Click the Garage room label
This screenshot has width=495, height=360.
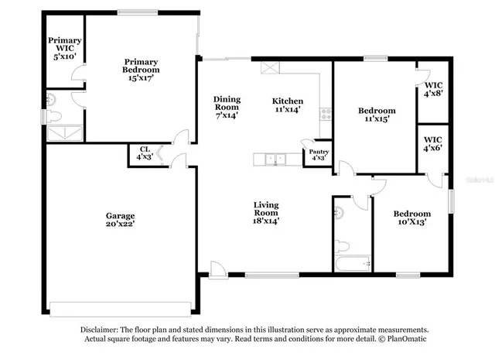coord(120,221)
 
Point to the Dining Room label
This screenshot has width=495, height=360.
coord(227,107)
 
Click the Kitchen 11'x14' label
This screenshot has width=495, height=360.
coord(287,106)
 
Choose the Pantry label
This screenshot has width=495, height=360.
coord(318,155)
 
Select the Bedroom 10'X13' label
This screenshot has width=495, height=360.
coord(411,218)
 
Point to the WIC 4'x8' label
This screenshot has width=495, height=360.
coord(432,88)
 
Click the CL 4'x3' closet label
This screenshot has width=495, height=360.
coord(145,153)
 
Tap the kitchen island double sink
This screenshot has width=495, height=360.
coord(273,160)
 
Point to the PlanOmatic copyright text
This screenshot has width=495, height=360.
coord(401,339)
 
